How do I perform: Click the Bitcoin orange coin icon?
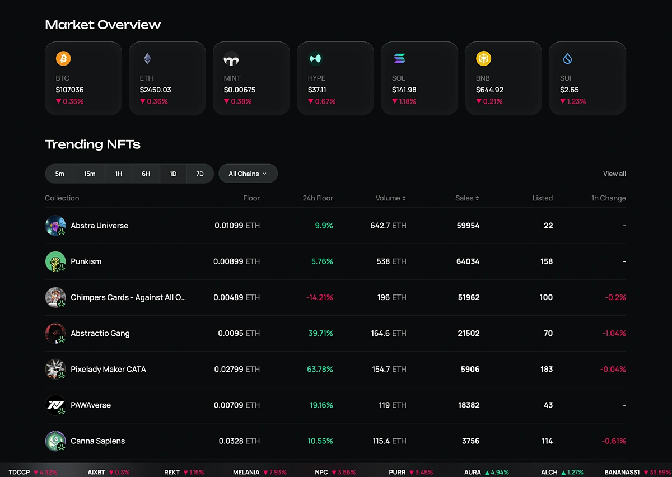pos(63,58)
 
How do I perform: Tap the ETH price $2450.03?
pos(155,90)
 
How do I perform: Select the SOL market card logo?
pos(399,58)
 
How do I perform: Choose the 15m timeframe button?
pos(90,174)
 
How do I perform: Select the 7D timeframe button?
pos(199,174)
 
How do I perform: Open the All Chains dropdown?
pos(248,174)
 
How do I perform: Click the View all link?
pos(614,174)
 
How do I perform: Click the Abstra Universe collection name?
pos(99,226)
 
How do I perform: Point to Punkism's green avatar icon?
pos(55,261)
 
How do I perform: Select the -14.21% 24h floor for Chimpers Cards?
pos(319,297)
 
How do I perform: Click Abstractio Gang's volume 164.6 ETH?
pos(389,333)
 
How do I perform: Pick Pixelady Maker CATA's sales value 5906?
pos(469,369)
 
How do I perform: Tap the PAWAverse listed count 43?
pos(548,405)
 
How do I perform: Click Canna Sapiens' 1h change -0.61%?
pos(614,441)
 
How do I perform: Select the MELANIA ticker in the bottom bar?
pos(246,473)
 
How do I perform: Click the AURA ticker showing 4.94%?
pos(473,473)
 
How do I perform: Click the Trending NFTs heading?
pos(92,144)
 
